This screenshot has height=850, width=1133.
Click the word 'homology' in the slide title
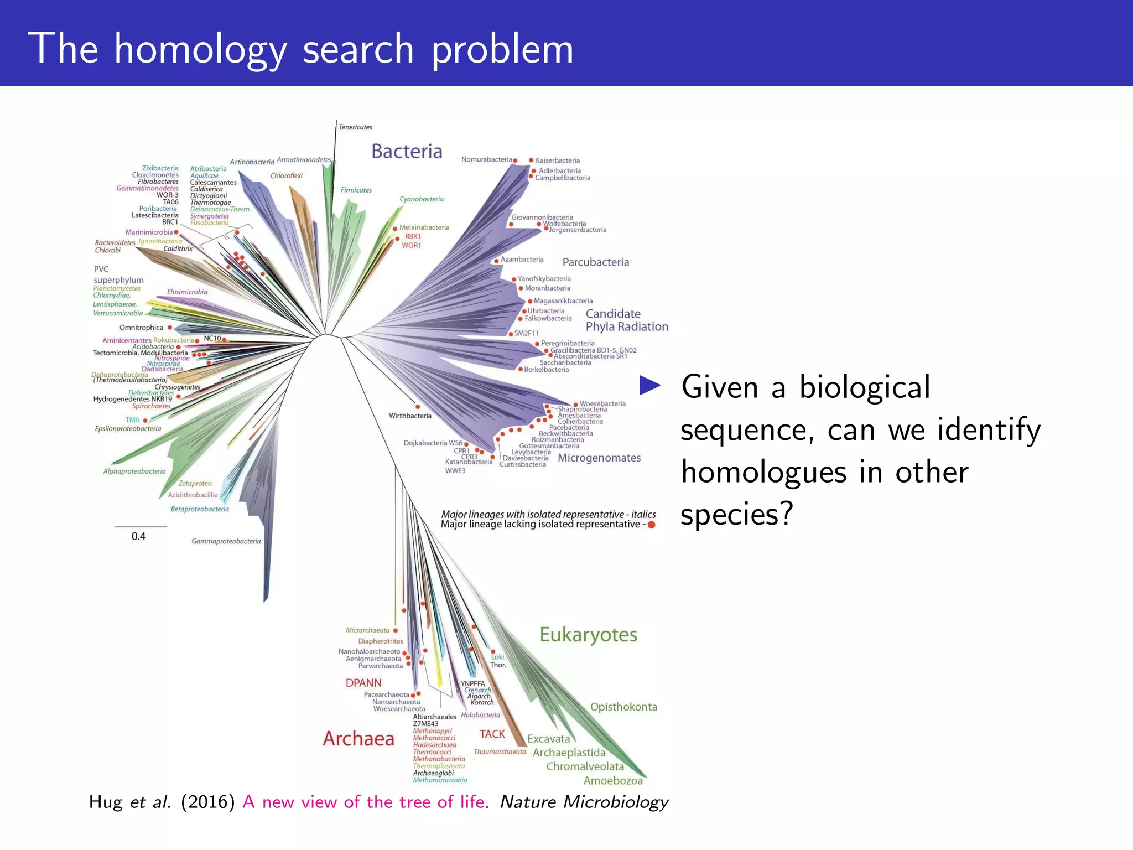[x=200, y=50]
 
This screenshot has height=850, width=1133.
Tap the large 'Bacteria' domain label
[x=407, y=151]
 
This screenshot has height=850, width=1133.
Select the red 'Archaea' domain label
[x=358, y=738]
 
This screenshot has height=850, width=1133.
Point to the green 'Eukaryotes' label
[x=588, y=635]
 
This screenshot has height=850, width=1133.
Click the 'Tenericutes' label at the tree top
[x=355, y=127]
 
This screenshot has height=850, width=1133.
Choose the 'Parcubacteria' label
[x=596, y=262]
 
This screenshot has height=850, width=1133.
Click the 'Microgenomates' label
[x=599, y=458]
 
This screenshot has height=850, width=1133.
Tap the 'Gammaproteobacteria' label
[x=226, y=541]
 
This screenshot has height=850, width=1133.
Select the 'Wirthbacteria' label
[x=410, y=416]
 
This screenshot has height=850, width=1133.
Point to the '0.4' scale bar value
[x=138, y=536]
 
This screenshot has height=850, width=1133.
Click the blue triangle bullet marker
[x=650, y=386]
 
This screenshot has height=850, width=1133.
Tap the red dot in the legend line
[x=652, y=525]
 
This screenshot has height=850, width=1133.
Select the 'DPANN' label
[x=363, y=683]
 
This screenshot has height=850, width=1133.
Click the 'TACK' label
[x=492, y=734]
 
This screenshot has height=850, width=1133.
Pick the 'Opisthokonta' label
[x=623, y=707]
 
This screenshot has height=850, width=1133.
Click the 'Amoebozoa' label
[x=613, y=781]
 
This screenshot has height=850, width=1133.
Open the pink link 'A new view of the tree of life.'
[x=366, y=802]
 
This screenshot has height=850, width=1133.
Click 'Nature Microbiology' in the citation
[x=584, y=802]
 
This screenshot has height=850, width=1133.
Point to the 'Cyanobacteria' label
[x=422, y=199]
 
